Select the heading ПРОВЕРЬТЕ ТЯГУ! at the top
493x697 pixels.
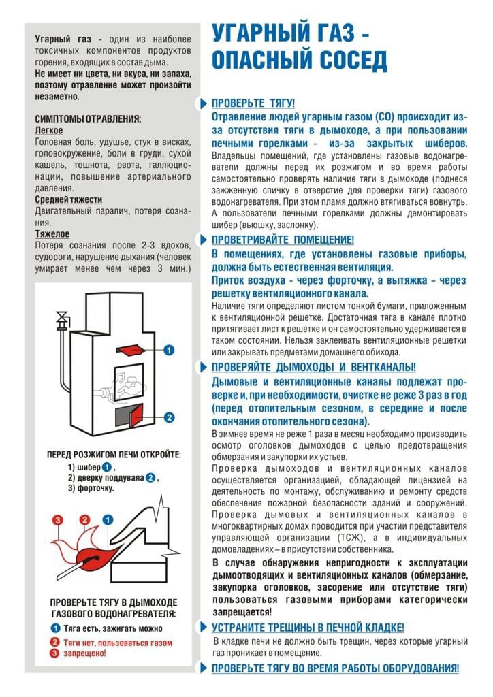[x=253, y=103]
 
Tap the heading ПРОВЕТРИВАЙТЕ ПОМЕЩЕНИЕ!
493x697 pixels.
[x=283, y=240]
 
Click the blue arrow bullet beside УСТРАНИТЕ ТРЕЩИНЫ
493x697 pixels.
[x=203, y=628]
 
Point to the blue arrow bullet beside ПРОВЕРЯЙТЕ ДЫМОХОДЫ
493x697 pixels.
[x=203, y=368]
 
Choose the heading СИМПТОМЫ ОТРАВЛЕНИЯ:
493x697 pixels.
[x=88, y=118]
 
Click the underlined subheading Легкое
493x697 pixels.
[x=49, y=130]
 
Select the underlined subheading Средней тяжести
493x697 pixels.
[x=68, y=199]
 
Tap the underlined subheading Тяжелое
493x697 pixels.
[x=51, y=233]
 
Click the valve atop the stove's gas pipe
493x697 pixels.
[x=63, y=317]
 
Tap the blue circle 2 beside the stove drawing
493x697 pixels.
[x=170, y=417]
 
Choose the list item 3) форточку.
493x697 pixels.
[x=91, y=488]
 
